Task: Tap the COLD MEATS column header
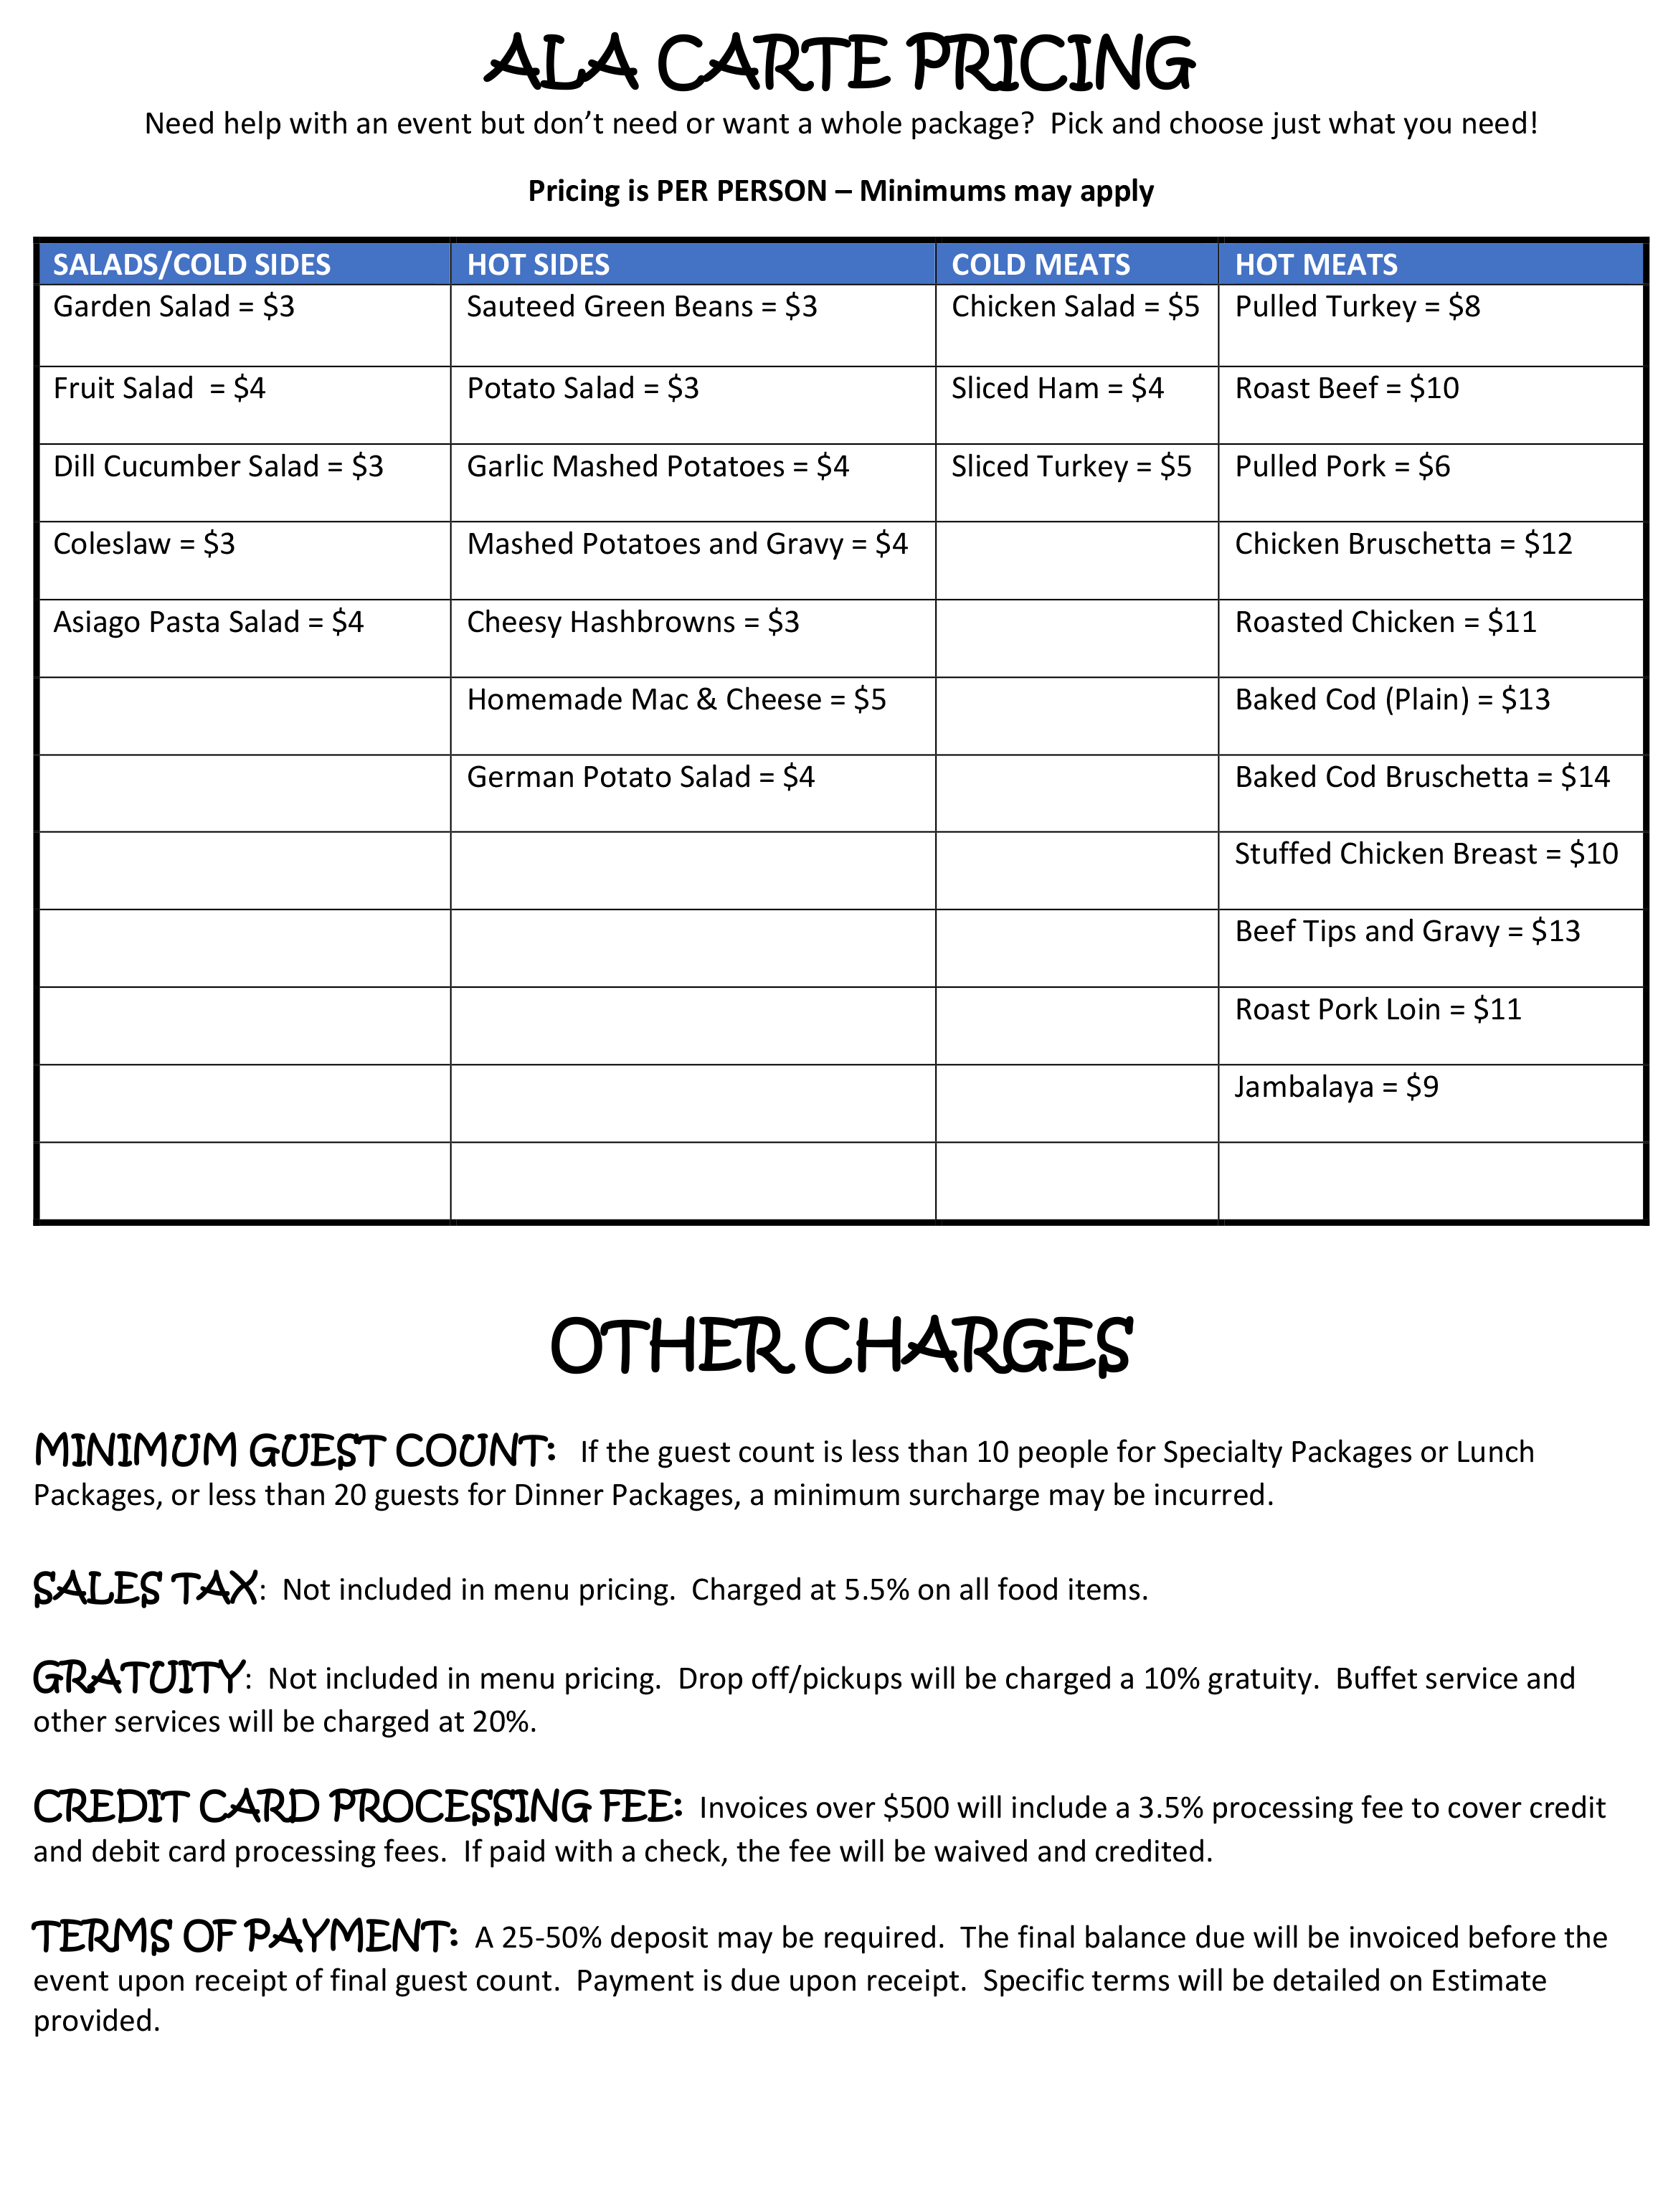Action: click(1040, 265)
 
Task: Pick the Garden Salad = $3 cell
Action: click(174, 307)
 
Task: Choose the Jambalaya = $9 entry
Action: click(1336, 1087)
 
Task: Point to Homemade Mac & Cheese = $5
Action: click(676, 700)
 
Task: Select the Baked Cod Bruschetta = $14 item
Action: click(1422, 778)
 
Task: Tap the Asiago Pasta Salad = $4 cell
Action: click(209, 623)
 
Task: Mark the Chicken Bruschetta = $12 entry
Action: click(1403, 544)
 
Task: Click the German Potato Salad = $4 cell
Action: click(640, 778)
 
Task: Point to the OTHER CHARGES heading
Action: click(840, 1347)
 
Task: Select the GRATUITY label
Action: click(139, 1679)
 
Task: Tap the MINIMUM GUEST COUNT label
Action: click(294, 1452)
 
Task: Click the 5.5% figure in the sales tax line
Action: click(876, 1590)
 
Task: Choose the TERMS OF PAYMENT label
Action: click(245, 1937)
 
